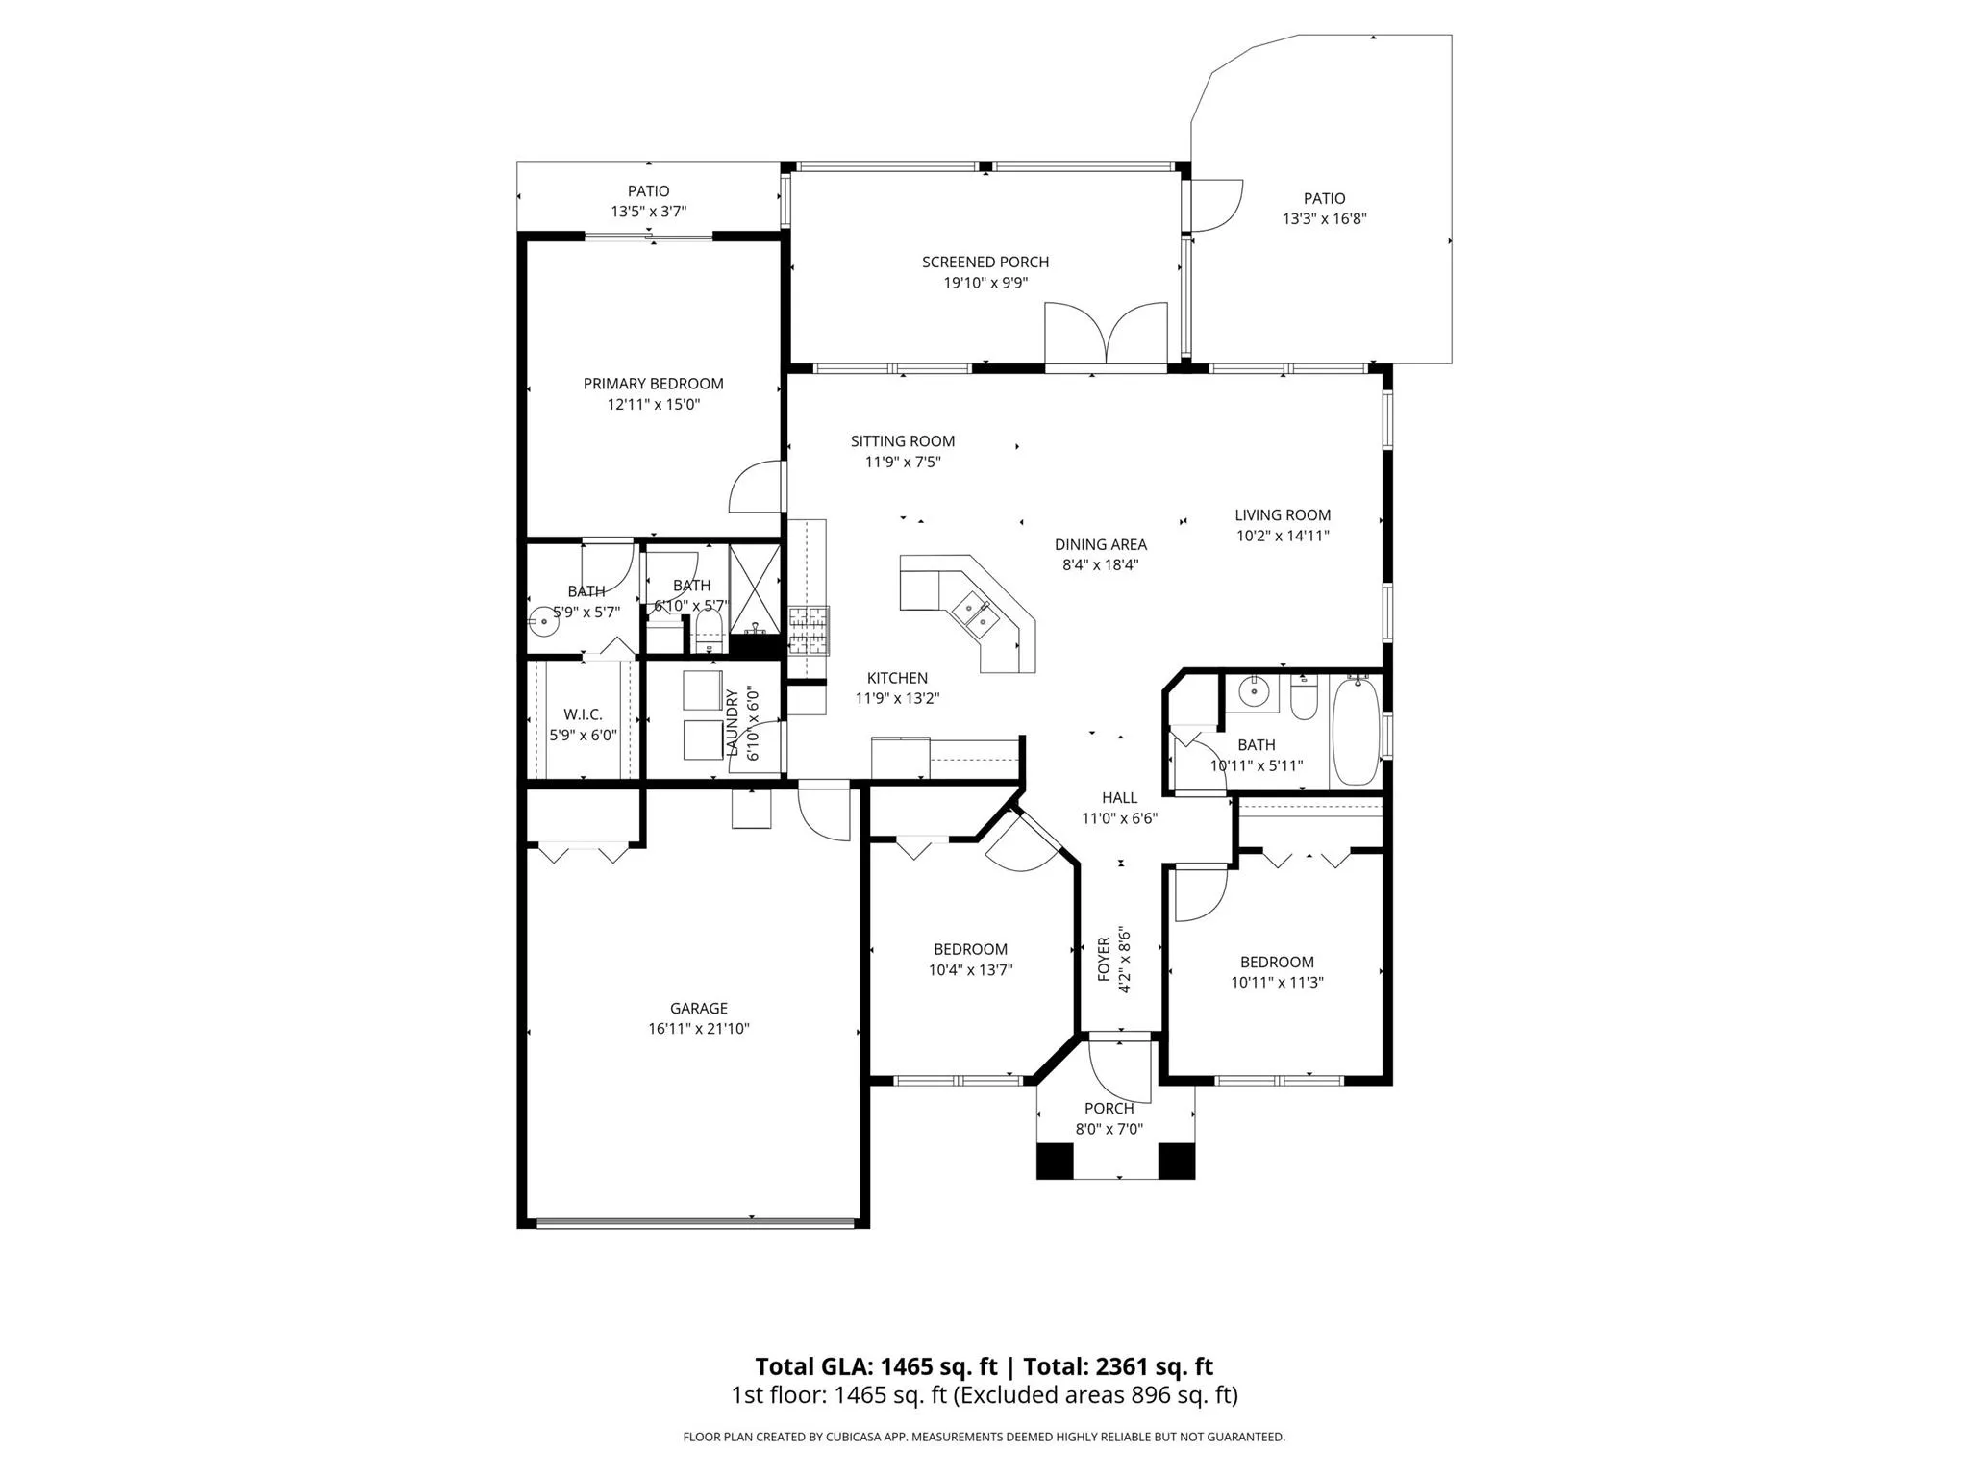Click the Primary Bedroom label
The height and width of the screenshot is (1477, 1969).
(x=653, y=384)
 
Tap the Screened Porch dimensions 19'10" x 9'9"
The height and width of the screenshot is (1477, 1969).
(x=985, y=283)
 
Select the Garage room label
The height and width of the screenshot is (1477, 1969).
(x=699, y=1008)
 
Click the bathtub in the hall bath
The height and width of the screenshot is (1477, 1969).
(x=1356, y=731)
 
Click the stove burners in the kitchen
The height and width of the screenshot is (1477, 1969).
(x=809, y=630)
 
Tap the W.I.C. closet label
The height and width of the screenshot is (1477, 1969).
(x=583, y=714)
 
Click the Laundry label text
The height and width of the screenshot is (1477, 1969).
(x=732, y=723)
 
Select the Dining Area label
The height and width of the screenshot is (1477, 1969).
(x=1101, y=544)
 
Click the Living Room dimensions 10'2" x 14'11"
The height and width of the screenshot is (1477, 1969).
(x=1283, y=536)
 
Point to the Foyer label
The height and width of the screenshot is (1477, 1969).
(x=1104, y=960)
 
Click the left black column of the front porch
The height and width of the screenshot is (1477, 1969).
(x=1055, y=1160)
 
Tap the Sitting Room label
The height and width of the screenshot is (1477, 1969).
(x=903, y=441)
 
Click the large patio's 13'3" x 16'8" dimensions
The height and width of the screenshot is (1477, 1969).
(x=1325, y=218)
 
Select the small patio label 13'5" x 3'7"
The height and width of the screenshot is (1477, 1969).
(x=649, y=212)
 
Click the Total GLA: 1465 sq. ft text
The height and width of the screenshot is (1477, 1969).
(x=878, y=1366)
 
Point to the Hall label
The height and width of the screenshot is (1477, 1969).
(x=1120, y=797)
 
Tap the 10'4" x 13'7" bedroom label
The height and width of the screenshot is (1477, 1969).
(x=971, y=970)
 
